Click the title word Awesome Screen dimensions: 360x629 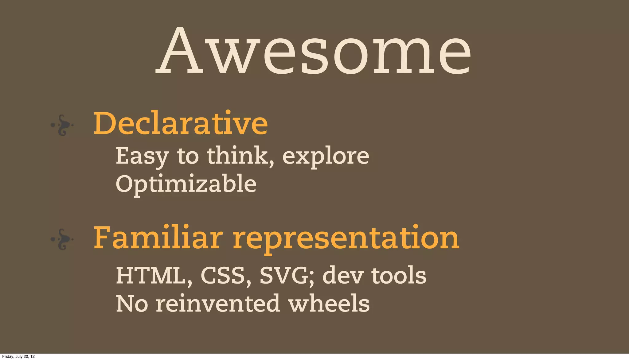(313, 51)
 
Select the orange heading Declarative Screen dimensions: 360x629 (181, 123)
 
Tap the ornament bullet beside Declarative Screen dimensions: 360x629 (62, 125)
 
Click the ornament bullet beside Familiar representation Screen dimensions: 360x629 (62, 239)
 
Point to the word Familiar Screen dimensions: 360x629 (158, 238)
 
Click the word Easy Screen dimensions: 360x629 (142, 157)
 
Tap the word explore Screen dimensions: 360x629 (326, 157)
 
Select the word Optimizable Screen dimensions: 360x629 (186, 184)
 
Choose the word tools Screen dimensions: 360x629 (399, 276)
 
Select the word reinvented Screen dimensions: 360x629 (218, 304)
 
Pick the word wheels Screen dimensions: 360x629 (329, 304)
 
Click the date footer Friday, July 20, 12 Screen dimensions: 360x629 (18, 357)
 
